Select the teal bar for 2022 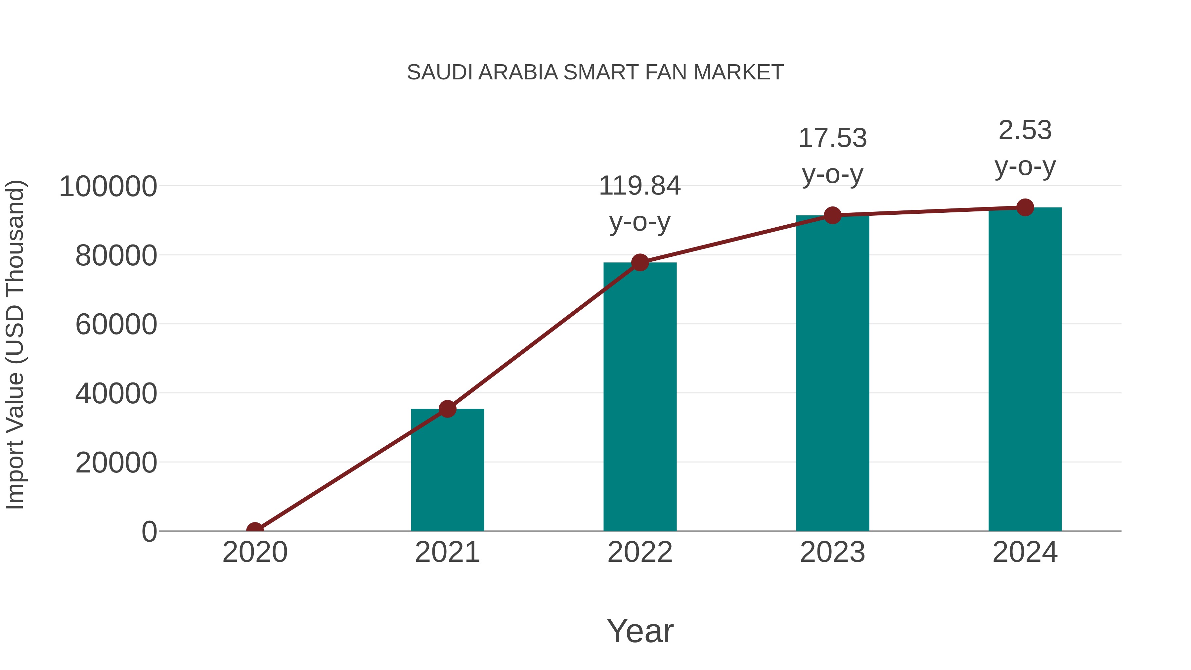pos(640,396)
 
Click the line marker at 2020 pos(255,530)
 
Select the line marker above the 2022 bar pos(640,262)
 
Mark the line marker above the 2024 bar pos(1025,207)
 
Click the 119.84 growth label pos(640,186)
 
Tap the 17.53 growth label pos(832,138)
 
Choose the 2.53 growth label pos(1025,130)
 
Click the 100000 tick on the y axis pos(108,187)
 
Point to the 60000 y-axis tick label pos(116,325)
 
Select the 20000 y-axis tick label pos(116,463)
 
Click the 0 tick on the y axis pos(149,531)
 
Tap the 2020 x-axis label pos(255,552)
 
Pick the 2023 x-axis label pos(832,552)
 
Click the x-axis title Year pos(640,631)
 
